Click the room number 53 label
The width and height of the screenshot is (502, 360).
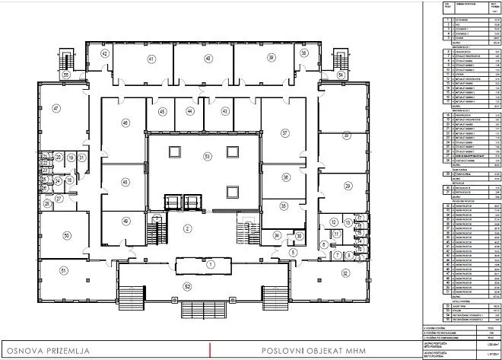point(207,156)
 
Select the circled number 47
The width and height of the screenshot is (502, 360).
point(56,109)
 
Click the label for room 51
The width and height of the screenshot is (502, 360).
point(64,292)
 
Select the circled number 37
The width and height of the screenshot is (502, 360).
point(285,132)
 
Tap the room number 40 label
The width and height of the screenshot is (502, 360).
point(207,58)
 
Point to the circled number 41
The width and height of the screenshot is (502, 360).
point(151,58)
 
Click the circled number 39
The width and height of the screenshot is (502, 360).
point(270,58)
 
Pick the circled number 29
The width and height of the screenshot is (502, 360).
point(348,186)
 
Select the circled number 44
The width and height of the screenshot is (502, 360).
point(189,111)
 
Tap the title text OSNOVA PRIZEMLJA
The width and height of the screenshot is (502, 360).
point(48,350)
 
